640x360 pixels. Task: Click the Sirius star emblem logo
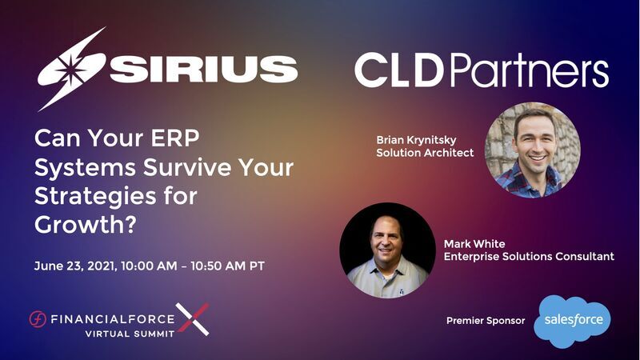[x=72, y=69]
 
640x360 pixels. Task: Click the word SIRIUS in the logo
[x=204, y=70]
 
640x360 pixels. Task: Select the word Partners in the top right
[x=530, y=71]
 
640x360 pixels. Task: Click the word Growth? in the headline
[x=83, y=225]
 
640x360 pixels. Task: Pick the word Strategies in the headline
[x=89, y=197]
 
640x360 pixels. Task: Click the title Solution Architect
[x=425, y=153]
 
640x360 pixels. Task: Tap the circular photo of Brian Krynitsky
[x=532, y=150]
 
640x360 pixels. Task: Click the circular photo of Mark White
[x=387, y=250]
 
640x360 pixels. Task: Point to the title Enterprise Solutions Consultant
[x=529, y=257]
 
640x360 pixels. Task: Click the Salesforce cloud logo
[x=572, y=320]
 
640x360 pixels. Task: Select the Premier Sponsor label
[x=485, y=321]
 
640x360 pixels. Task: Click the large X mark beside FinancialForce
[x=192, y=319]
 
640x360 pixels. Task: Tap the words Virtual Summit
[x=130, y=333]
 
